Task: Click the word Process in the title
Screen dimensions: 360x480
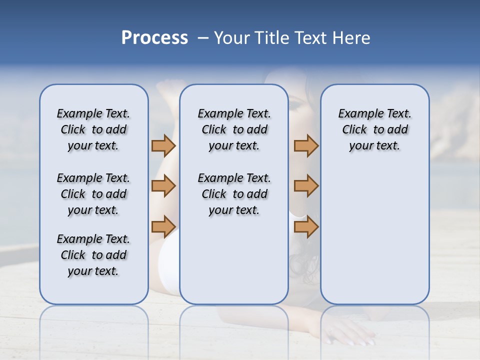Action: pos(154,38)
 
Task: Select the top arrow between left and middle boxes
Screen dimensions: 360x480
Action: pos(163,145)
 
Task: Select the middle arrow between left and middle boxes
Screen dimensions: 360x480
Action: pos(163,186)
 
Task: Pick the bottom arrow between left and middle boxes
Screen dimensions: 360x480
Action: pos(163,226)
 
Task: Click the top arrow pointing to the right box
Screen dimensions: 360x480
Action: pos(306,145)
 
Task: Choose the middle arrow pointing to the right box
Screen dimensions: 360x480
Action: pos(306,186)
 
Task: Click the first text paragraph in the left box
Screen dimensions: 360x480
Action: pos(93,129)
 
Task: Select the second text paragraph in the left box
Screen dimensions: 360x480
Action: pos(93,194)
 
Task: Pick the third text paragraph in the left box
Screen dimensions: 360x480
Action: pos(93,255)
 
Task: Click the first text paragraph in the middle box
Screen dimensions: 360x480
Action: pos(234,129)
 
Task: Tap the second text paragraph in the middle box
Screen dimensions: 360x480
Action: pos(234,194)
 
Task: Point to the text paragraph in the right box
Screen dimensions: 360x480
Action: pos(374,129)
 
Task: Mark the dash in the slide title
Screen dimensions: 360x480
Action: pos(203,38)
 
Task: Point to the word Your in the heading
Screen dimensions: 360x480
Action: pos(233,38)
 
